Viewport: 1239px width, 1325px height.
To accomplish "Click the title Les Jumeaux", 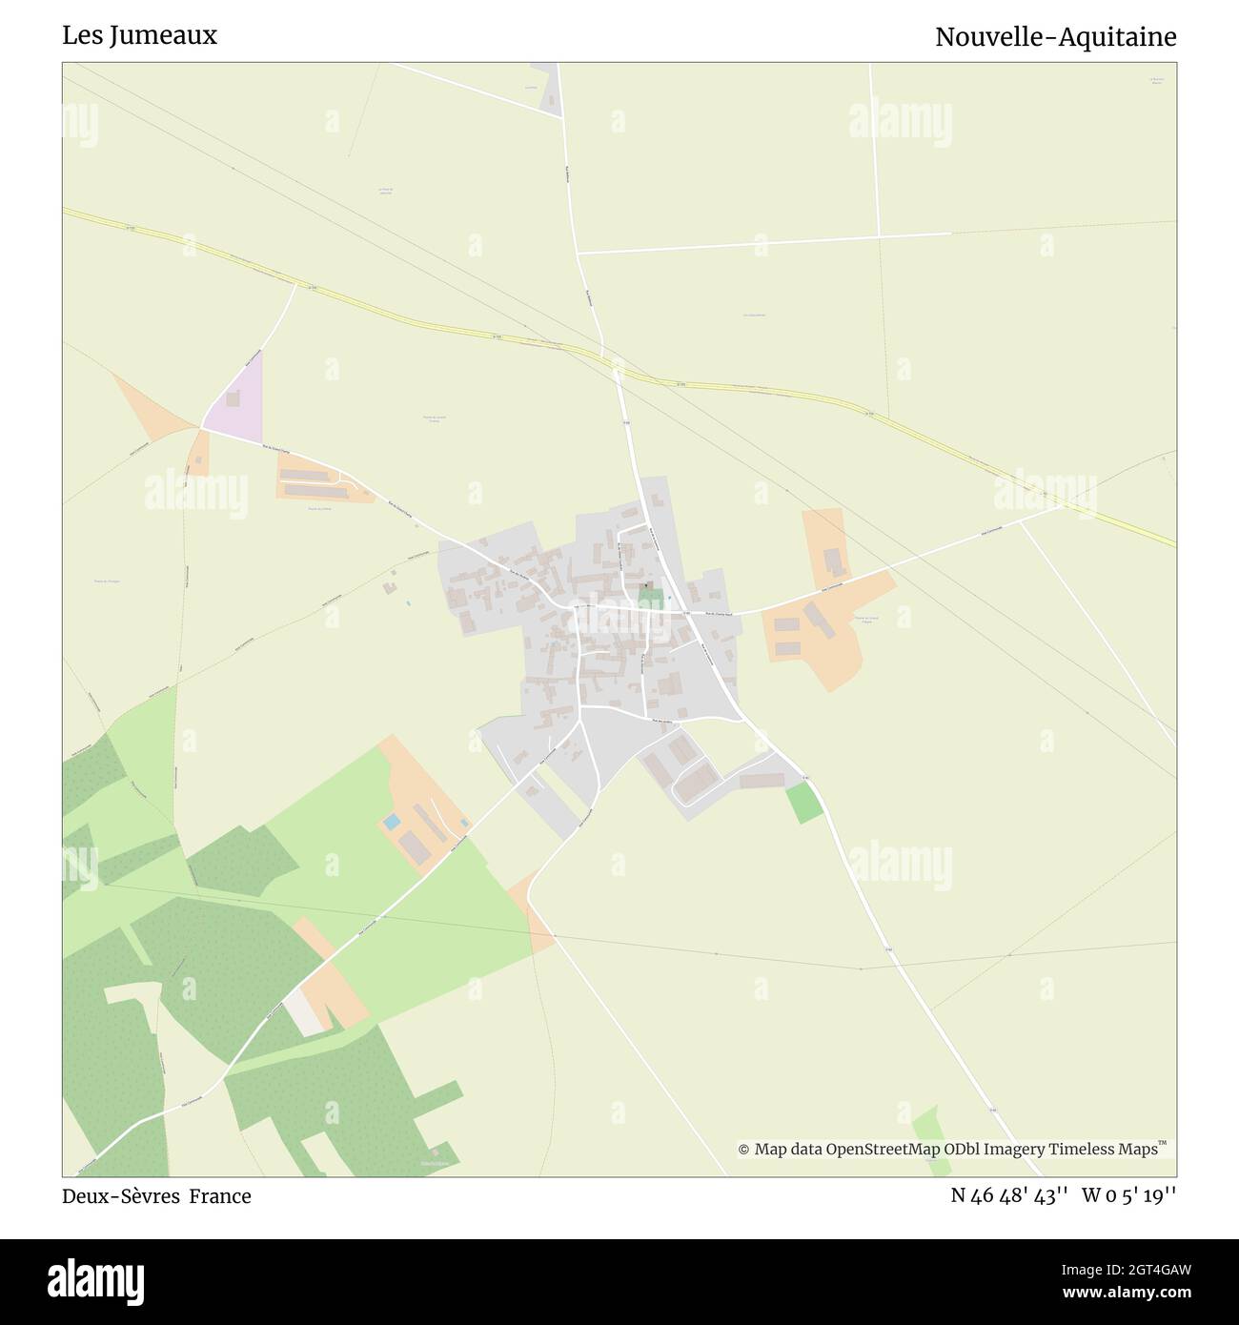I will click(139, 35).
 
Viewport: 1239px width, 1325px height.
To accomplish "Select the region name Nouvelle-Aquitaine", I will click(1055, 37).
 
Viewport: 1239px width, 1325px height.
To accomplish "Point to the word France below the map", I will click(220, 1196).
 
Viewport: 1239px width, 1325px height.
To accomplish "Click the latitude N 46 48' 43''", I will click(1008, 1195).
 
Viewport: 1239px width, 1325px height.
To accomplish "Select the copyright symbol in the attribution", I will click(744, 1150).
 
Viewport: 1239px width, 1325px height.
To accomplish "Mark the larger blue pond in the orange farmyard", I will click(392, 821).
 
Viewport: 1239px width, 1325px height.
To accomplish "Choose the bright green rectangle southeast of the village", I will click(803, 804).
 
